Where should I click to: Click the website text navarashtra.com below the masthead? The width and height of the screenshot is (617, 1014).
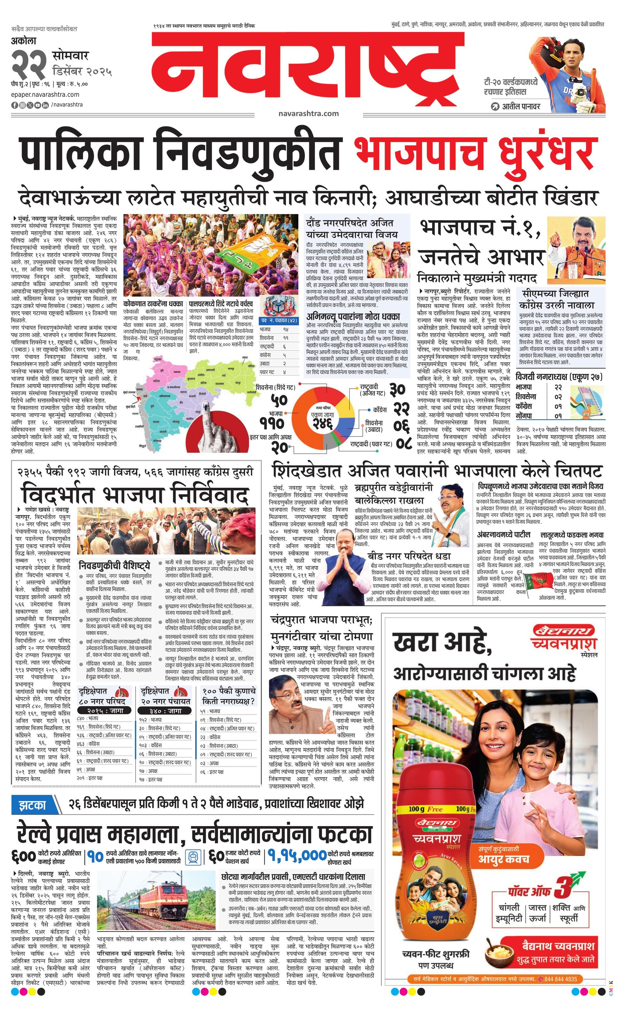tap(308, 113)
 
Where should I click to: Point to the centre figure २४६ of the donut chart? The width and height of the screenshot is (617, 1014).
tap(322, 423)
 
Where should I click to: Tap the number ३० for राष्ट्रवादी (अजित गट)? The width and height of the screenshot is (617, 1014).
tap(397, 389)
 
